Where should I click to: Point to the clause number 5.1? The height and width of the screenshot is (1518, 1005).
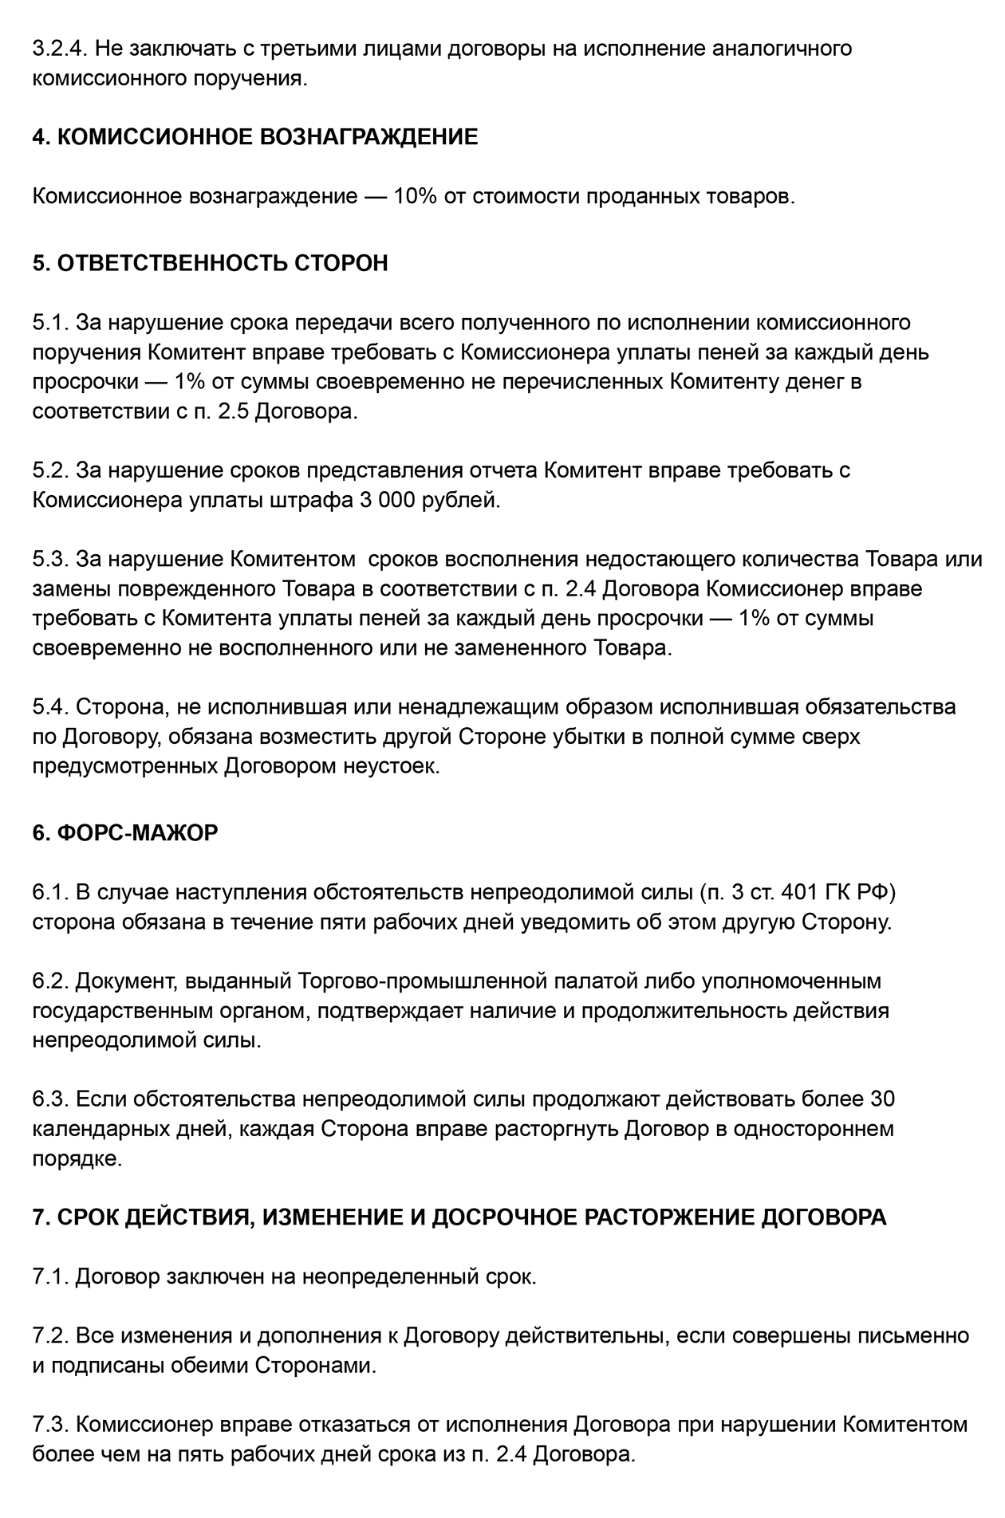50,323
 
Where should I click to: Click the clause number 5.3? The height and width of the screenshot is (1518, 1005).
50,559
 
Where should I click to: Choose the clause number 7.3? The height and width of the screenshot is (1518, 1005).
50,1425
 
